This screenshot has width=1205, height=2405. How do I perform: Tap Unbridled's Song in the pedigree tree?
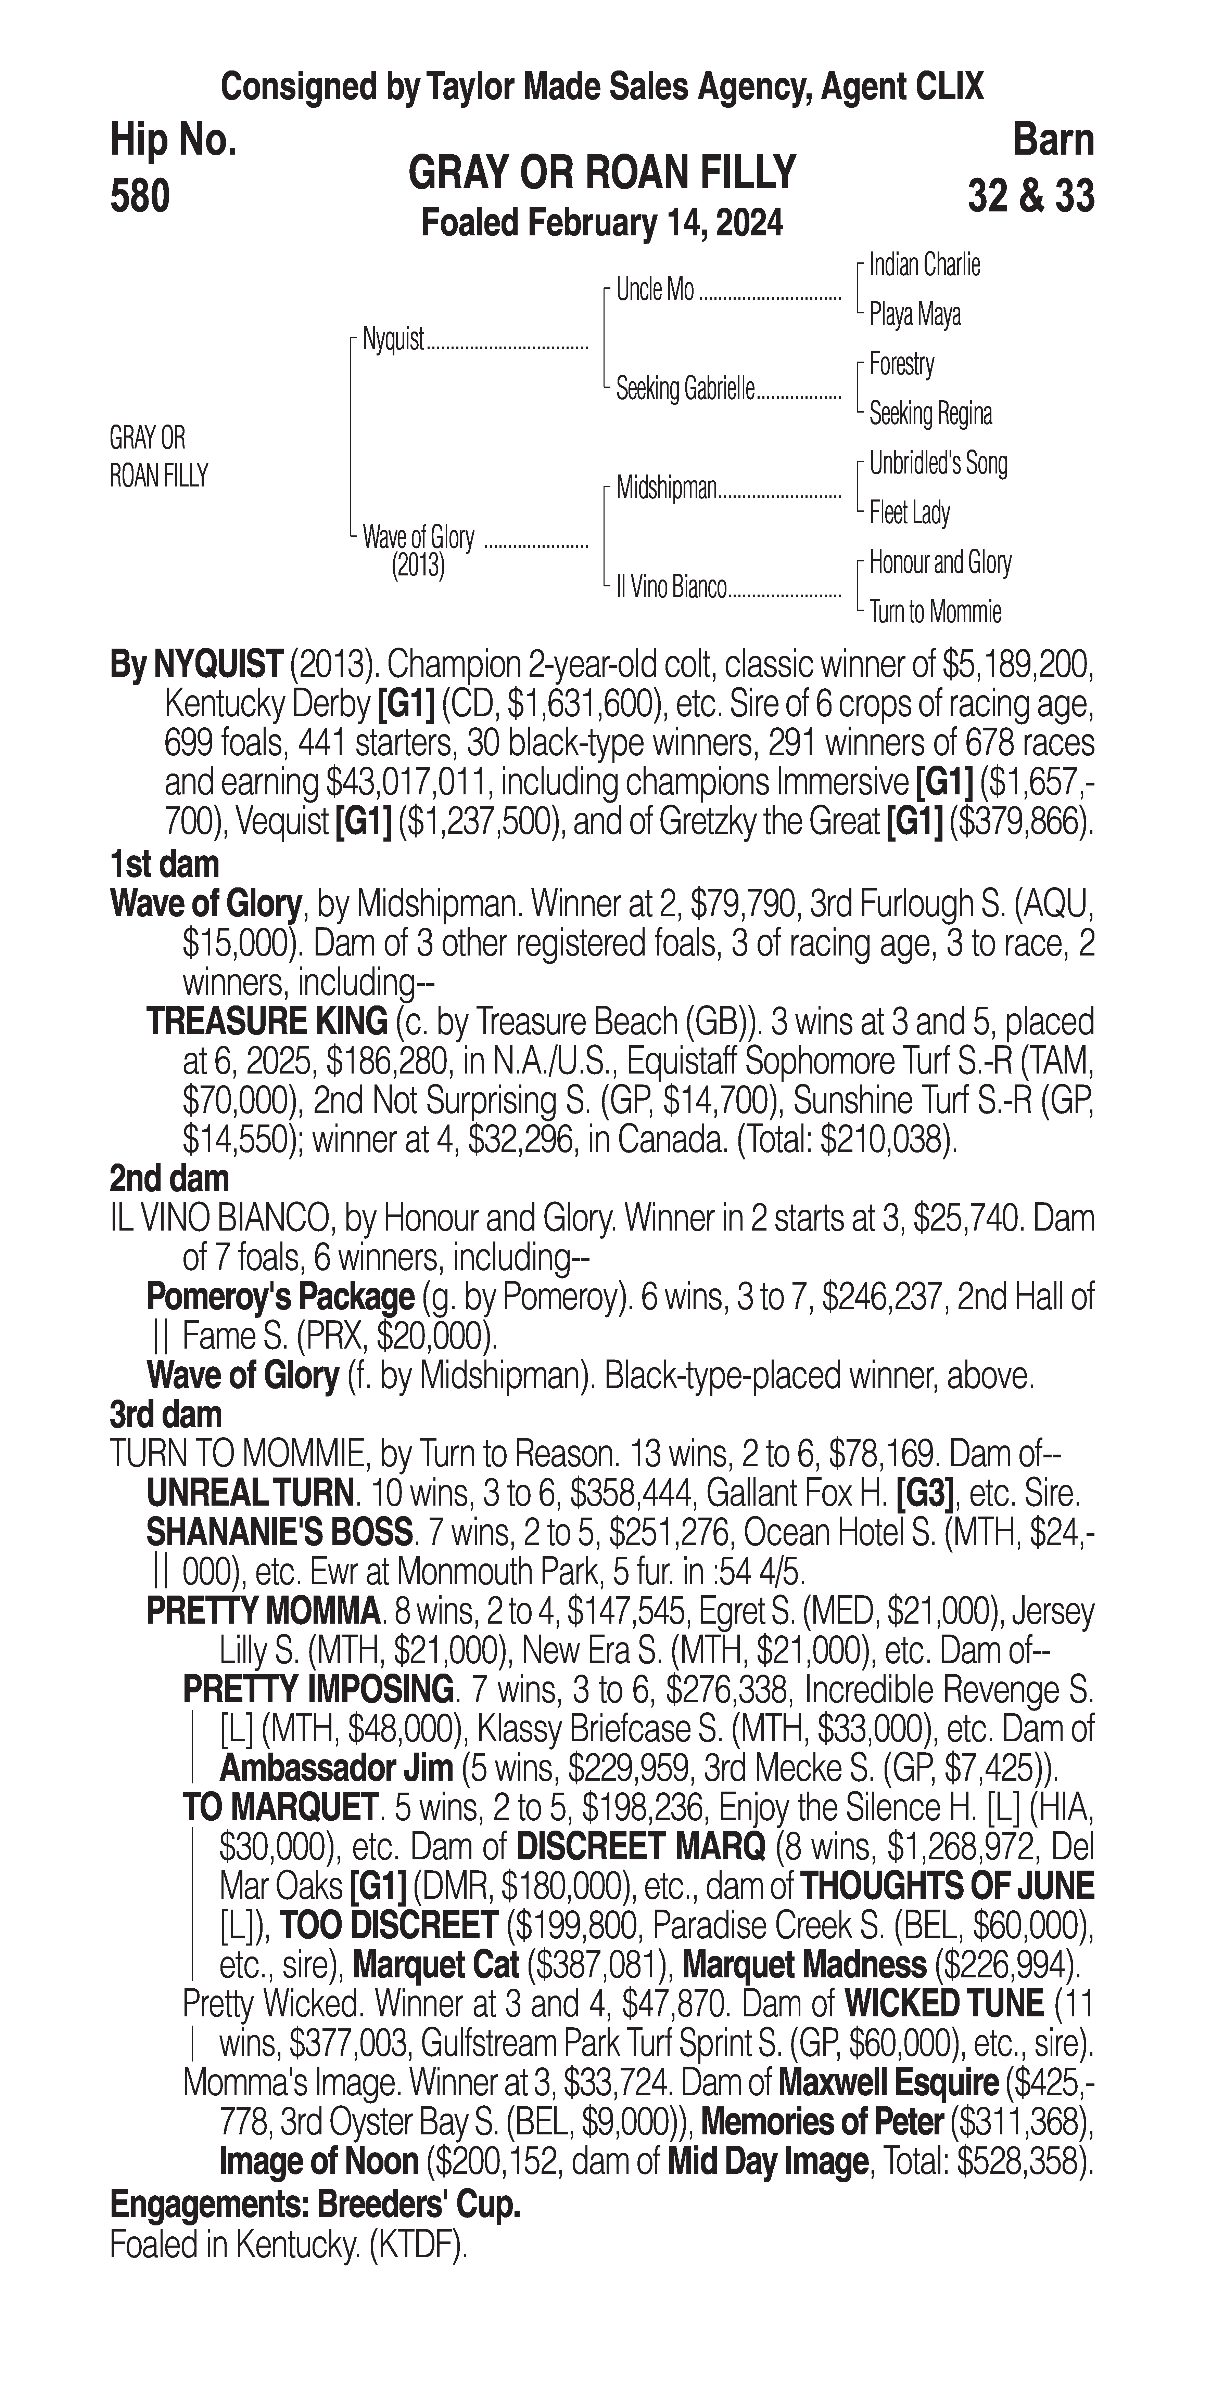[938, 463]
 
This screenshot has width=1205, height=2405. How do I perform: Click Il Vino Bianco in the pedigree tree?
[671, 587]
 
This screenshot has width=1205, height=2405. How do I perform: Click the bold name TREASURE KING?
[267, 1022]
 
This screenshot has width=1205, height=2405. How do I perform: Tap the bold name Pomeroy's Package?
[280, 1297]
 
